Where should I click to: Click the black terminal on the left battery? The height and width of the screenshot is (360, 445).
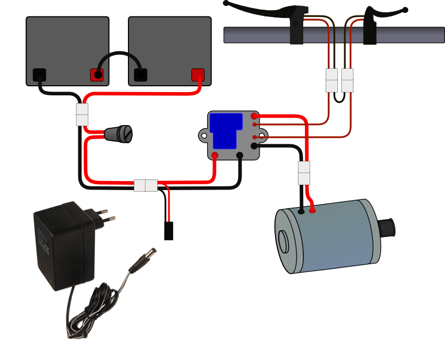[39, 75]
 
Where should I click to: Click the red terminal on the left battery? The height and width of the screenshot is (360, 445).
[96, 75]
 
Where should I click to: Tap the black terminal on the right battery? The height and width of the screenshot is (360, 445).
[141, 75]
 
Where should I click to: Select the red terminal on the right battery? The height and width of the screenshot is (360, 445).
[198, 75]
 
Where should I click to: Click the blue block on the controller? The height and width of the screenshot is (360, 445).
[223, 130]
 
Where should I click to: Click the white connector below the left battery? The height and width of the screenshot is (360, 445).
[82, 114]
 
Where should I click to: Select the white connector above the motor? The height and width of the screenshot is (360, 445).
[304, 173]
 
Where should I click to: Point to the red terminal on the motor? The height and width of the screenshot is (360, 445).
[312, 211]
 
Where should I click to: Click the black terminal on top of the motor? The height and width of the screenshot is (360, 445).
[302, 211]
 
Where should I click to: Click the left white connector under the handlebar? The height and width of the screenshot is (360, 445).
[331, 80]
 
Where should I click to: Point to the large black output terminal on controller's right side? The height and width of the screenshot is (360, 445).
[255, 145]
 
